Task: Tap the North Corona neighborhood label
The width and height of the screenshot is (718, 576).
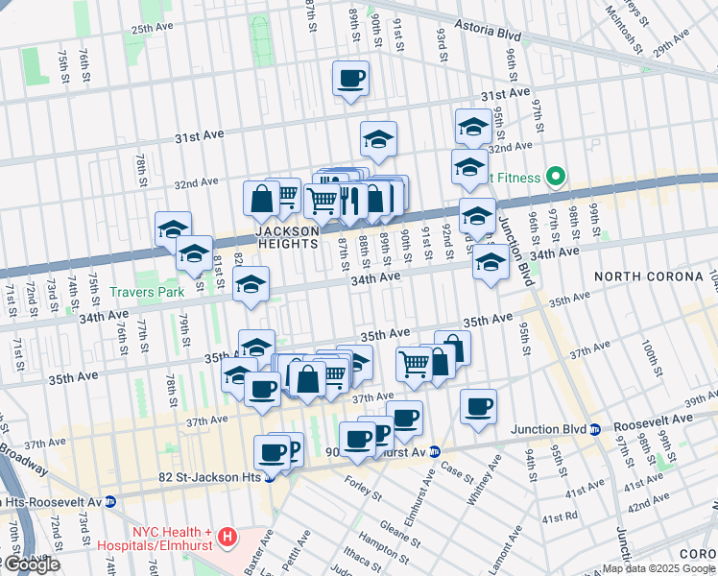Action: (x=648, y=276)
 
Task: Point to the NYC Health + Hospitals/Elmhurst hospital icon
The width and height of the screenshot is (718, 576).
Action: (x=227, y=535)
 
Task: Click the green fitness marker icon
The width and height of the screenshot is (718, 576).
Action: (x=554, y=177)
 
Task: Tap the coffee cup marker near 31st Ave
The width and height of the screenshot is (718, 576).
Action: (x=351, y=78)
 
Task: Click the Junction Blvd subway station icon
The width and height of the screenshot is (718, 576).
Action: (x=595, y=429)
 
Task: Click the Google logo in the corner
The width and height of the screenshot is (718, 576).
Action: (x=31, y=564)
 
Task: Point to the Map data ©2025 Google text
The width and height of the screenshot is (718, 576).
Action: (x=658, y=568)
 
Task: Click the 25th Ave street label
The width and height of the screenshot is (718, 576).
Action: (x=155, y=29)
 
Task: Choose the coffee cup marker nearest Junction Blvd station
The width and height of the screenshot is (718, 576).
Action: (x=478, y=406)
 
